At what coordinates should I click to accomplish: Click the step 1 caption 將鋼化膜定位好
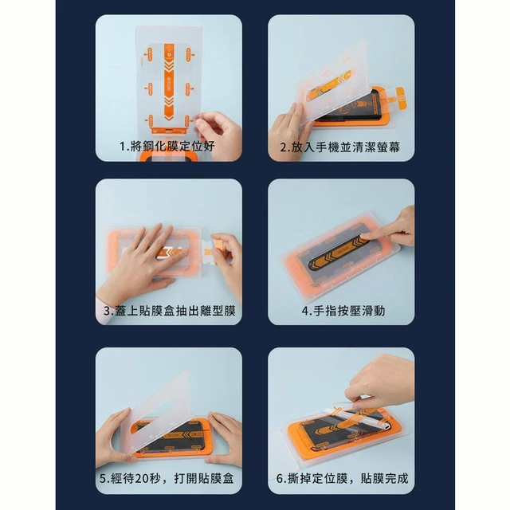[x=167, y=147]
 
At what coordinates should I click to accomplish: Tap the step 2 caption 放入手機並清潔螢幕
[x=340, y=147]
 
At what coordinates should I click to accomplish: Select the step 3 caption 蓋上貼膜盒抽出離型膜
[x=169, y=311]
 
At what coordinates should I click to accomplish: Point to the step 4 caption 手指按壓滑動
[x=343, y=311]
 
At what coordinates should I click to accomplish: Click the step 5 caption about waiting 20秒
[x=167, y=478]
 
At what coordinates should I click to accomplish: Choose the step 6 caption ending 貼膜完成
[x=342, y=478]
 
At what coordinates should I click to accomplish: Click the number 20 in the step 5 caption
[x=141, y=478]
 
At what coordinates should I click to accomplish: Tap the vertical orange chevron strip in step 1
[x=169, y=82]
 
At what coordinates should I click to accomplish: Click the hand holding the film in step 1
[x=219, y=133]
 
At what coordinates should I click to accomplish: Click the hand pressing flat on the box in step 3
[x=143, y=261]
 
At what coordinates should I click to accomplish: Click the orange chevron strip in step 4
[x=338, y=252]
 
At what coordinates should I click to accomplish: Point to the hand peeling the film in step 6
[x=381, y=381]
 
